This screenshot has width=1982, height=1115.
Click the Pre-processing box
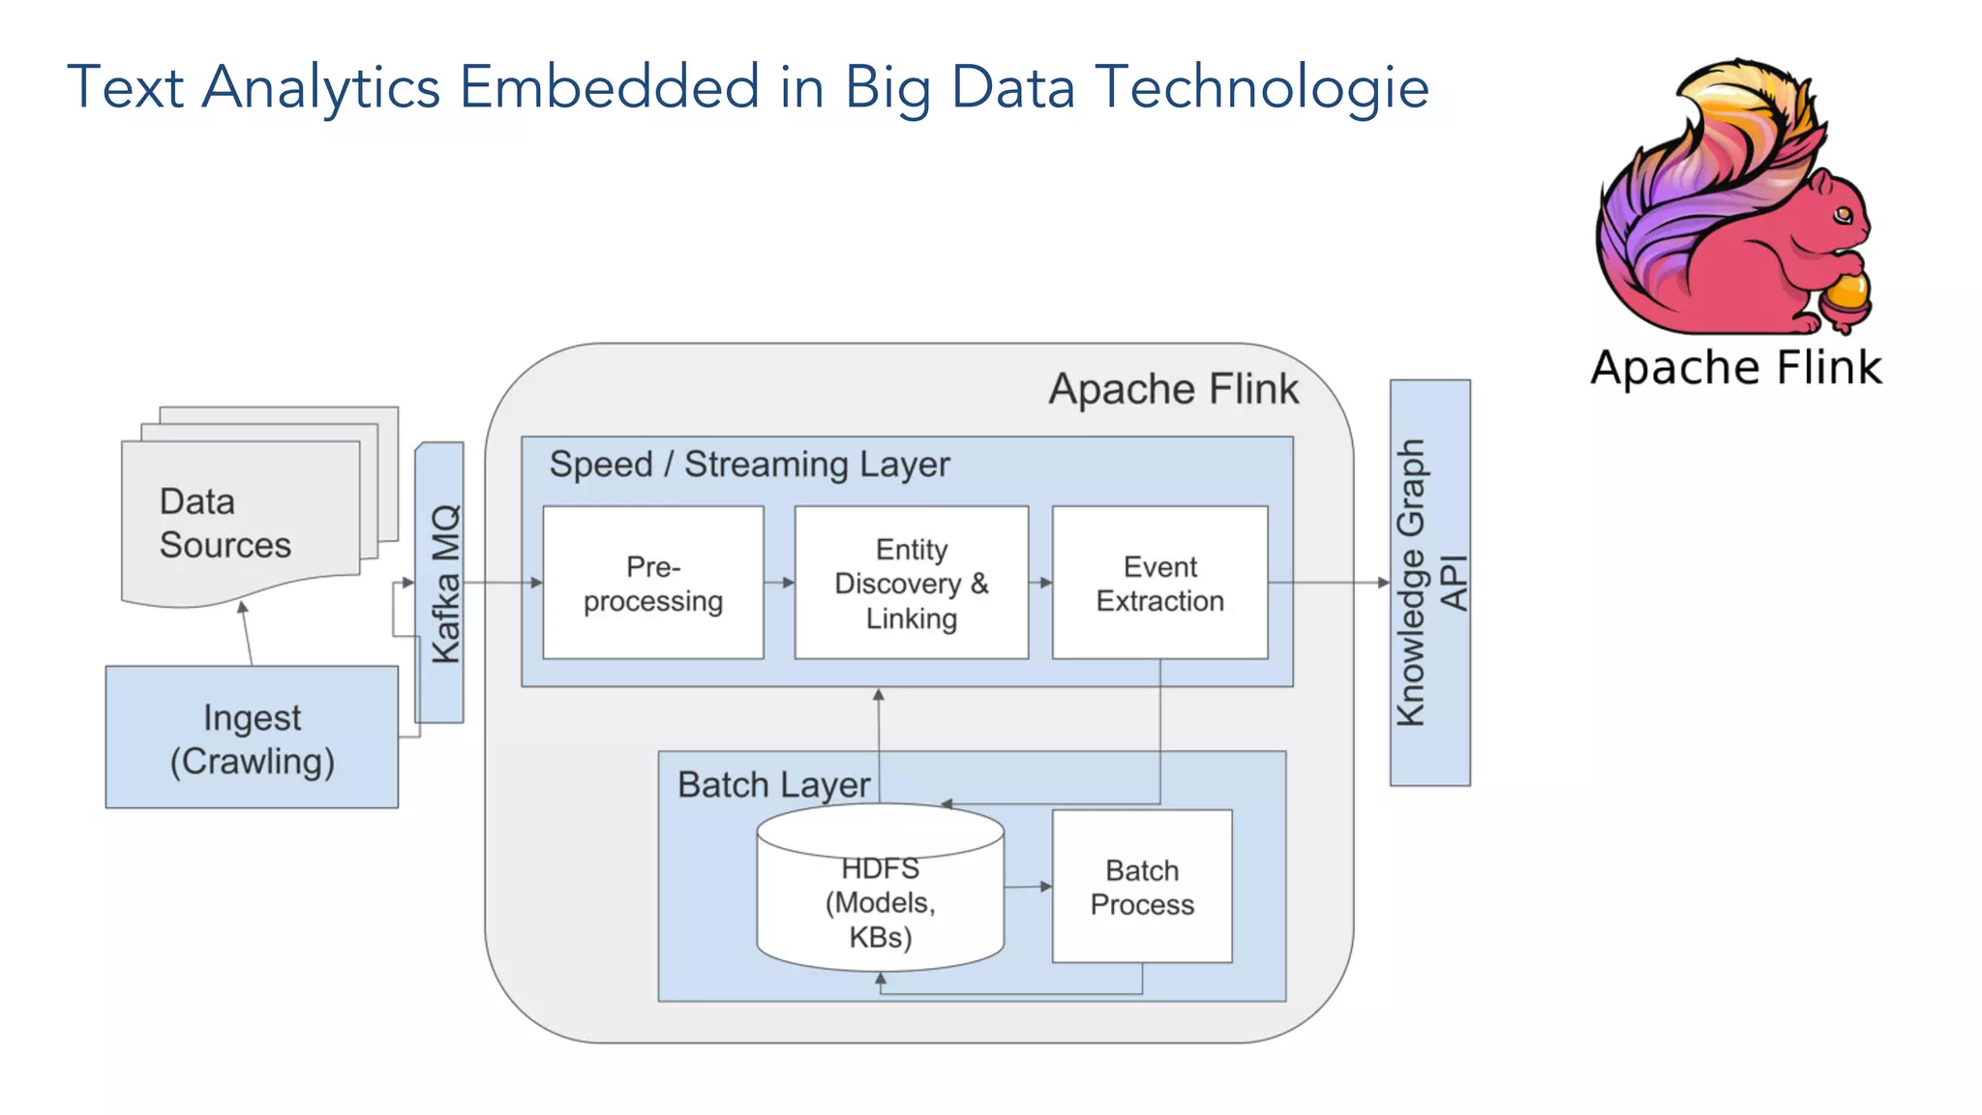pos(653,583)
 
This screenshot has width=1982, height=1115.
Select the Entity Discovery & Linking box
pos(911,583)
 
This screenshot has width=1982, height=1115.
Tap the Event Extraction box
pos(1159,583)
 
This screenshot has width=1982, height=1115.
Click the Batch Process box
pos(1142,887)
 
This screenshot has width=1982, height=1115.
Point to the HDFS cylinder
pos(880,900)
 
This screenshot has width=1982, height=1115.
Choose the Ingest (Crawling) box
pos(252,738)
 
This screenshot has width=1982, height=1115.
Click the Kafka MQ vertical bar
pos(440,583)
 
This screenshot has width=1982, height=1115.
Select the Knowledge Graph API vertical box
pos(1429,583)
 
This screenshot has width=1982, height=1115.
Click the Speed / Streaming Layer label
pos(749,465)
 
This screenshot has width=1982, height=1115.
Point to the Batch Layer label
pos(773,784)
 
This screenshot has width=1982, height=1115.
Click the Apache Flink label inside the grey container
pos(1173,389)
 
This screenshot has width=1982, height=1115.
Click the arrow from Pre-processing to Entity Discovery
pos(779,583)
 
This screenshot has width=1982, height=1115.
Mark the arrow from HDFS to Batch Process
pos(1028,886)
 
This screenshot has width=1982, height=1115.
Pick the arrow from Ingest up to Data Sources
pos(247,634)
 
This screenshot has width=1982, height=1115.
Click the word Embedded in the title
pos(609,87)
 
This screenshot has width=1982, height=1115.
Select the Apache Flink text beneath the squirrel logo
pos(1736,368)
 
